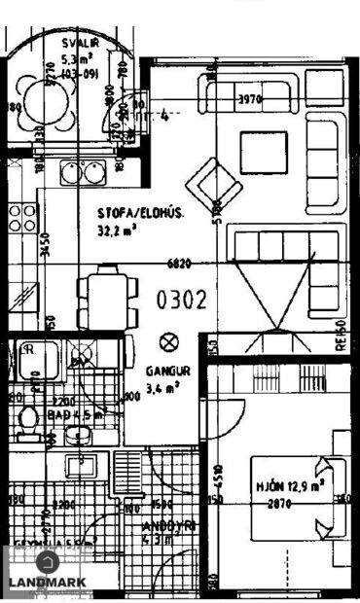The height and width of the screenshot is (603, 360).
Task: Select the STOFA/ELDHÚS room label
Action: tap(140, 215)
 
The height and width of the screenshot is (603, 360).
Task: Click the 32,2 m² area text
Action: tap(118, 231)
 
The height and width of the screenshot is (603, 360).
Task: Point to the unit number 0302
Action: tap(182, 300)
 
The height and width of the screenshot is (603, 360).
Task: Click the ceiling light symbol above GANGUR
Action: tap(168, 341)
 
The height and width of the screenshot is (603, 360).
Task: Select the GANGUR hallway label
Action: tap(167, 372)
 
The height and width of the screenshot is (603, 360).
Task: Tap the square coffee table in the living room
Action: tap(264, 150)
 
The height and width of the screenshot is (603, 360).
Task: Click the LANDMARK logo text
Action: tap(47, 582)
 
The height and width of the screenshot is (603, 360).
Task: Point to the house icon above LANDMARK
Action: tap(47, 561)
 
